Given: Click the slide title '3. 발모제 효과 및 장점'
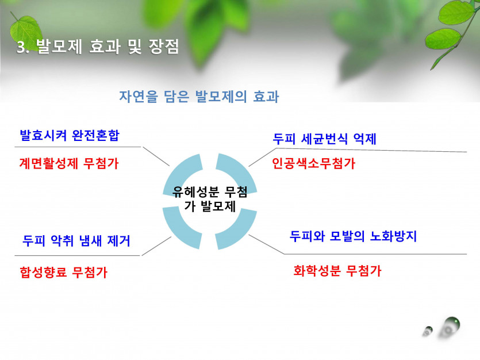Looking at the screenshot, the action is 98,47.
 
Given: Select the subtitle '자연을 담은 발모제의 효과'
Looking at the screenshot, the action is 199,97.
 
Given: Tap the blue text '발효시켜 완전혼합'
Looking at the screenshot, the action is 70,135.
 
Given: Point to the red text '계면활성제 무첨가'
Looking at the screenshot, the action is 69,163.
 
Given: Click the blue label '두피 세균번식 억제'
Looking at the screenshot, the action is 324,139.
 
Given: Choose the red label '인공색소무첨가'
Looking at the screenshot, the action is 313,163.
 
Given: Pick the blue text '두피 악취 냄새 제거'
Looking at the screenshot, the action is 76,241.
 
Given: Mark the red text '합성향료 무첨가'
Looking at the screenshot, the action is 63,272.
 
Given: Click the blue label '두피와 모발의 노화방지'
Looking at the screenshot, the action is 354,236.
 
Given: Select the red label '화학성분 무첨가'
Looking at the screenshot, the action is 337,271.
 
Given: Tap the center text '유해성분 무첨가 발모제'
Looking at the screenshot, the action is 210,199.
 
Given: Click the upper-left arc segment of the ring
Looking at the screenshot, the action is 181,171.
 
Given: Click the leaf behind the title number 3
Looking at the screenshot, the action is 26,32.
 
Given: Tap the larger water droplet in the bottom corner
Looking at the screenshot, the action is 450,328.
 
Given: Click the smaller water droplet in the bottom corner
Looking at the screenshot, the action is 428,331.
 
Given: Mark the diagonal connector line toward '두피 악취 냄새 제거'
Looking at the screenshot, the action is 156,246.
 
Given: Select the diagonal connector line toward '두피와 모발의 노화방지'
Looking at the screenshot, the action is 266,244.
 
